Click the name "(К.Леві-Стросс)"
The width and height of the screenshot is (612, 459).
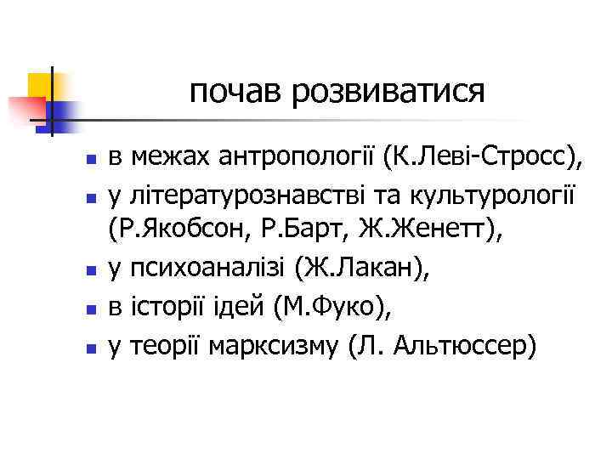(x=484, y=157)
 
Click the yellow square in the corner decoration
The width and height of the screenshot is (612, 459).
(x=40, y=85)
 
